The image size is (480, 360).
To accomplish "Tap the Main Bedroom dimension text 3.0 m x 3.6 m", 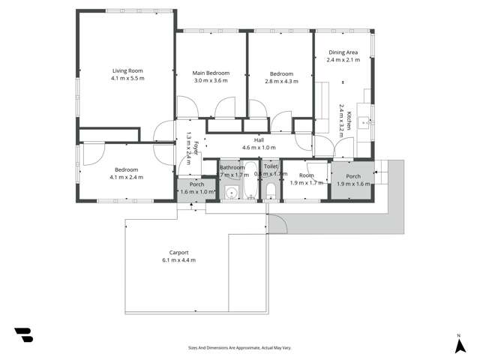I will click(211, 81).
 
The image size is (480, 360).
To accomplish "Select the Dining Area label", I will click(343, 52).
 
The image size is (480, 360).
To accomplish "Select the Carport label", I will click(178, 253).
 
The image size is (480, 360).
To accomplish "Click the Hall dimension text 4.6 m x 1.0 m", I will click(259, 148).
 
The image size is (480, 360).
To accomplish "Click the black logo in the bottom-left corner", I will click(23, 335).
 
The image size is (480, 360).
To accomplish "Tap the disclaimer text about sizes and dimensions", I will click(239, 347).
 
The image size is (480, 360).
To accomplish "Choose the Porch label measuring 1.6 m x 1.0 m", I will click(196, 184).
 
